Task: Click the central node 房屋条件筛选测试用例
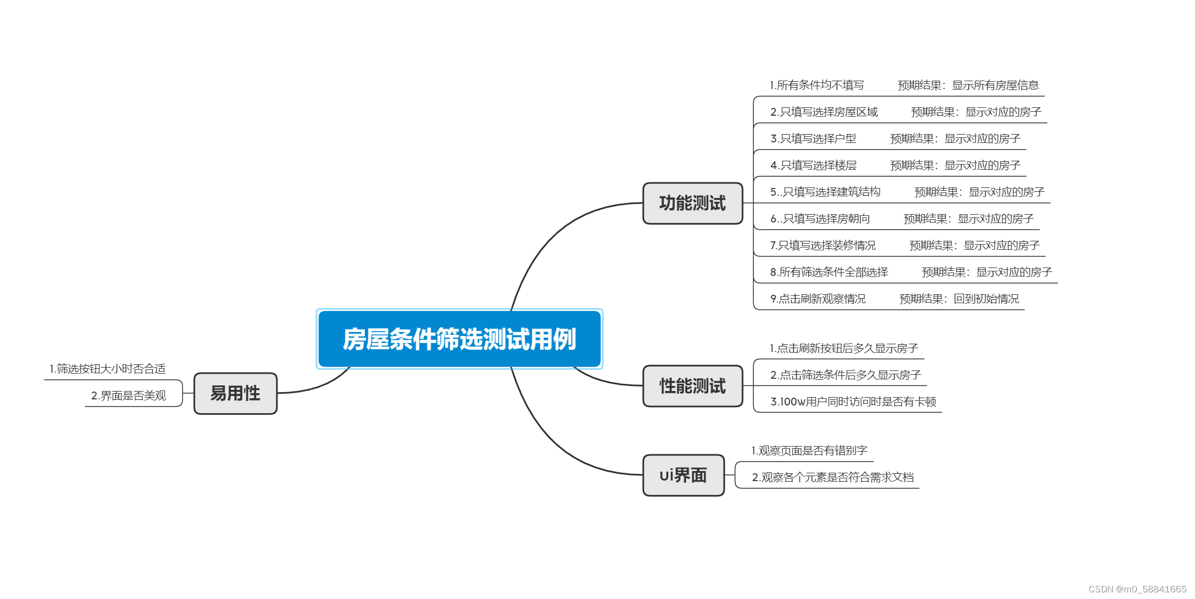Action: (x=459, y=339)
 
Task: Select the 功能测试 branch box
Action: (x=692, y=204)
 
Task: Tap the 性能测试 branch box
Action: (x=692, y=386)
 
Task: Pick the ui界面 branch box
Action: (x=683, y=476)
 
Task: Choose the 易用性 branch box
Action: (x=235, y=394)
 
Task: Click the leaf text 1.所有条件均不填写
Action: (x=817, y=85)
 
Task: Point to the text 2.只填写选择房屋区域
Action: (x=824, y=112)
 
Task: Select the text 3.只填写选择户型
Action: (x=813, y=138)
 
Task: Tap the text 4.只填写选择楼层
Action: (x=813, y=165)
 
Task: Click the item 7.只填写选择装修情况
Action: (x=823, y=245)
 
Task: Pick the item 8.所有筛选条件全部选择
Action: (x=829, y=272)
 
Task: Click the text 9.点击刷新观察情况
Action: (x=818, y=299)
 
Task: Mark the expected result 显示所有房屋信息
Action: (x=995, y=85)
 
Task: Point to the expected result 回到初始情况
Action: (x=986, y=299)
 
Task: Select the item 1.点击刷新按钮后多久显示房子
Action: (x=843, y=348)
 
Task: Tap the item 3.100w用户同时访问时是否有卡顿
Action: (x=853, y=402)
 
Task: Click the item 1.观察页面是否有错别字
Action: (x=809, y=451)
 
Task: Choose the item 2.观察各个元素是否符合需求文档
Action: (x=833, y=477)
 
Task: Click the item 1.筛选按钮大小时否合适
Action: (x=107, y=369)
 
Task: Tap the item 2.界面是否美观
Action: (x=129, y=395)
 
